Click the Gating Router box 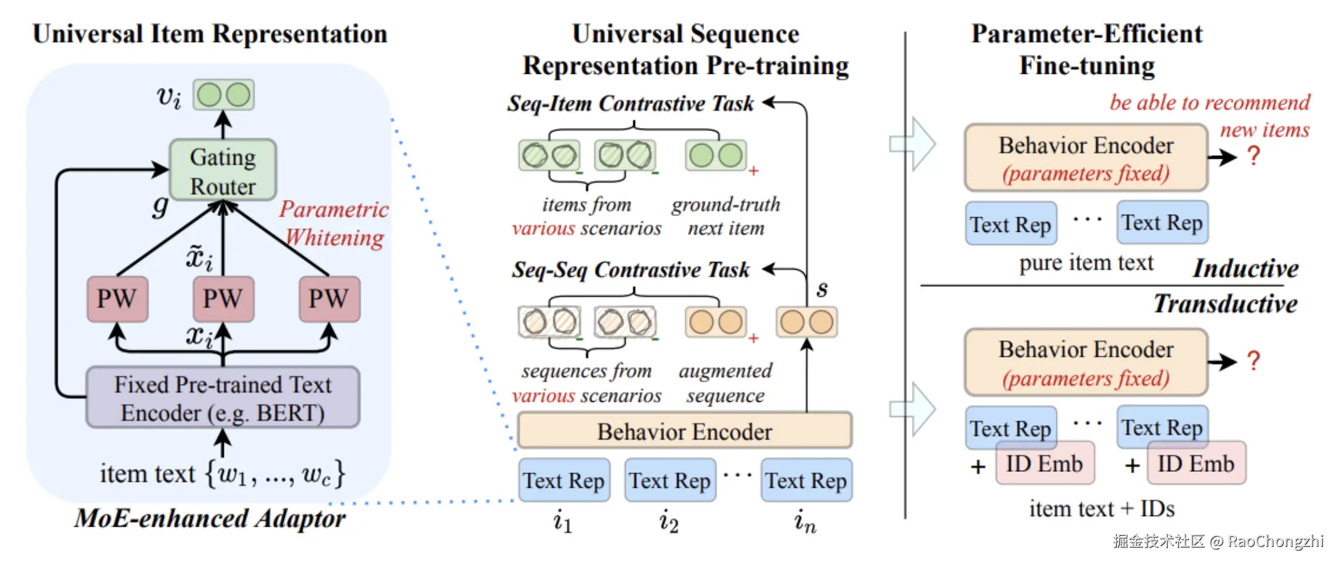coord(223,170)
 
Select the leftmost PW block coord(117,299)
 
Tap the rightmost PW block coord(329,299)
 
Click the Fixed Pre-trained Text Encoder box coord(223,398)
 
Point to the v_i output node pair coord(223,95)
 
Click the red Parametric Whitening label coord(334,223)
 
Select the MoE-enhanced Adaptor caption coord(210,519)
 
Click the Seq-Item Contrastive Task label coord(630,103)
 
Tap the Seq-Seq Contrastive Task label coord(631,269)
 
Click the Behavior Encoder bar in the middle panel coord(684,431)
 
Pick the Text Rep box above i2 coord(669,480)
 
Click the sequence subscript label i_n coord(805,522)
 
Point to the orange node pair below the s coord(806,322)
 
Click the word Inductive coord(1245,269)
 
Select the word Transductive coord(1225,304)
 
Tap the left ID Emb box coord(1044,464)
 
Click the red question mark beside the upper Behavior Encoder coord(1253,156)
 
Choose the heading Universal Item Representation coord(210,34)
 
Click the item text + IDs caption coord(1101,509)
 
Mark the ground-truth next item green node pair coord(716,156)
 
